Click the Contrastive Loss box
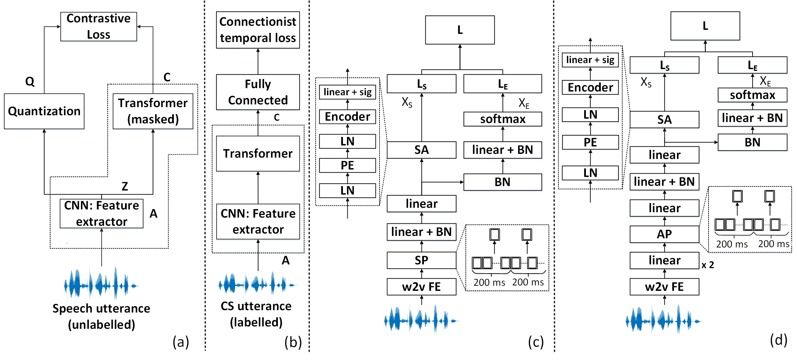(x=99, y=27)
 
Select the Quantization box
(x=44, y=111)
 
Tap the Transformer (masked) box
(x=153, y=111)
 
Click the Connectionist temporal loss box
(x=258, y=30)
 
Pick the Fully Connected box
(x=258, y=92)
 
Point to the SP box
(x=422, y=260)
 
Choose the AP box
(x=664, y=234)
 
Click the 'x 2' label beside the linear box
(x=708, y=265)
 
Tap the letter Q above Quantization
(x=30, y=81)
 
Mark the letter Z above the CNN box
(x=125, y=186)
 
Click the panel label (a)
(x=181, y=342)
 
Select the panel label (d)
(x=778, y=340)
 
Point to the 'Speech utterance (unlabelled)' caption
(x=101, y=317)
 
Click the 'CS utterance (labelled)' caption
(x=256, y=314)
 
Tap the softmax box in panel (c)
(x=503, y=119)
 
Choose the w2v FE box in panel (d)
(x=664, y=287)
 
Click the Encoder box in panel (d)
(x=590, y=87)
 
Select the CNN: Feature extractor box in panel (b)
(x=258, y=222)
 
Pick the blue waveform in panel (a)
(x=101, y=284)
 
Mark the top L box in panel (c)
(x=460, y=30)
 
